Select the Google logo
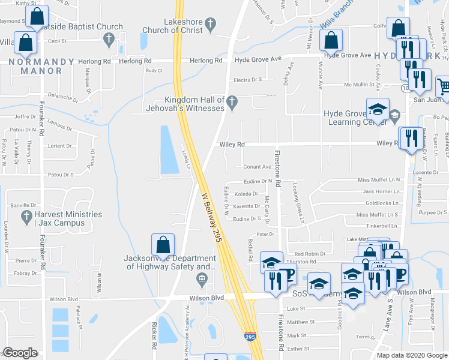click(x=20, y=353)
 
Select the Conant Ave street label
click(x=256, y=167)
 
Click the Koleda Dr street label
click(x=246, y=194)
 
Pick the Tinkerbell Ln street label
click(x=378, y=226)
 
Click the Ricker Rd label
click(x=154, y=336)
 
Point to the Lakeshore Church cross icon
click(x=209, y=25)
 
